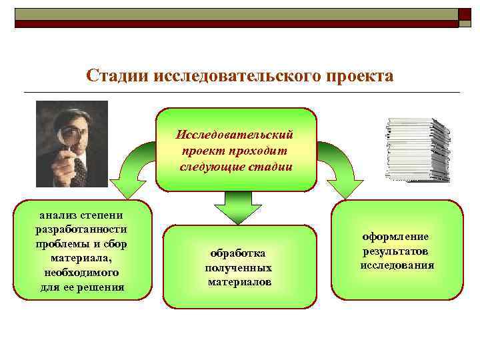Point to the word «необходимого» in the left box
[81, 273]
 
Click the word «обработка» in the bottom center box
[237, 253]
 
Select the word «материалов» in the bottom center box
[239, 282]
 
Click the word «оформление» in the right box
[395, 237]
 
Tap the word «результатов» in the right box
[396, 251]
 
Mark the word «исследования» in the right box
[397, 265]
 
